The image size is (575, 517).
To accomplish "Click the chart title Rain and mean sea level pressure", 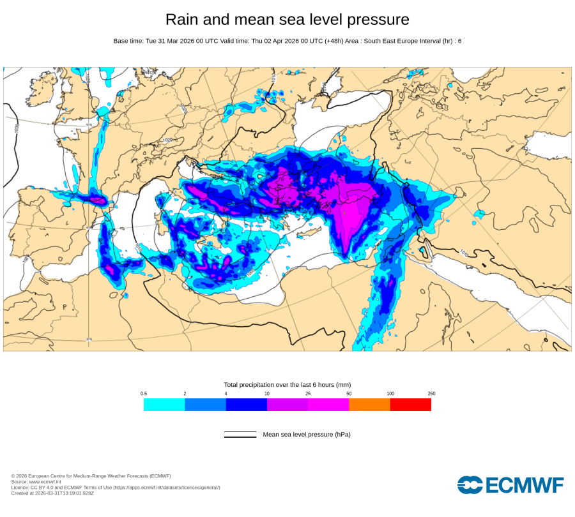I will (287, 19).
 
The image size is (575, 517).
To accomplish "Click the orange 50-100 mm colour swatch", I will (369, 405).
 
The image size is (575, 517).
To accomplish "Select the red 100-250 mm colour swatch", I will (410, 405).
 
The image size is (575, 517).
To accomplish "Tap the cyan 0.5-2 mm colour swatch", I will (164, 405).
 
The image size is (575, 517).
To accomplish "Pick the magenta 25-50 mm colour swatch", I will (328, 405).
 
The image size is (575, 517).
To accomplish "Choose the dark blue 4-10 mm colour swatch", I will (246, 405).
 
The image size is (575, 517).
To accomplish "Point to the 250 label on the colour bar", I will (431, 394).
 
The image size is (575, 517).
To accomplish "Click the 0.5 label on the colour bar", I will (144, 394).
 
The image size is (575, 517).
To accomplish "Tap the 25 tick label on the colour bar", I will (308, 394).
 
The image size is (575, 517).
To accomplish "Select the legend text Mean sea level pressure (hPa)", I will (307, 435).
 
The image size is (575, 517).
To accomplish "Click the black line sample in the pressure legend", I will (240, 435).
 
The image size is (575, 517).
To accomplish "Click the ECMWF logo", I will (510, 485).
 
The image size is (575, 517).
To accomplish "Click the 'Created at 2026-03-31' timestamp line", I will (52, 493).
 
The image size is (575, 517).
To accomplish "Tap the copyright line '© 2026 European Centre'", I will (91, 476).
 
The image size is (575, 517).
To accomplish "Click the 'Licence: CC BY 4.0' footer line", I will (116, 488).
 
